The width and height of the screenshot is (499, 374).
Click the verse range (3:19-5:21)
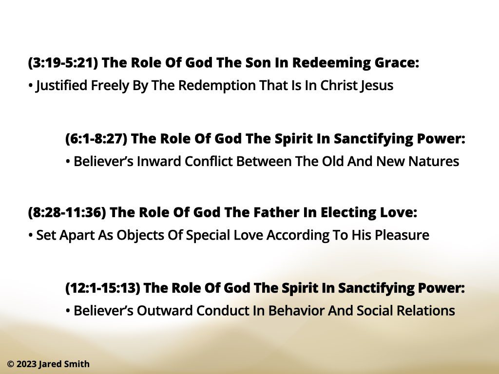coord(63,63)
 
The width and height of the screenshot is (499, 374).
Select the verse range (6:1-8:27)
coord(96,139)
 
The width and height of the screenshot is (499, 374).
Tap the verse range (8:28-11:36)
coord(67,212)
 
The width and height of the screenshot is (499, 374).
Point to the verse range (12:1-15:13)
coord(102,288)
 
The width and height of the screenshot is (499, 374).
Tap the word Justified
coord(61,86)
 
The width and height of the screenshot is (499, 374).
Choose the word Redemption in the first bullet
coord(218,86)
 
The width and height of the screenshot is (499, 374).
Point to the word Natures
coord(433,162)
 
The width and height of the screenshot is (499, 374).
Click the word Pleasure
coord(402,235)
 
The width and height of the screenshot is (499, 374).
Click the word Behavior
coord(296,311)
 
